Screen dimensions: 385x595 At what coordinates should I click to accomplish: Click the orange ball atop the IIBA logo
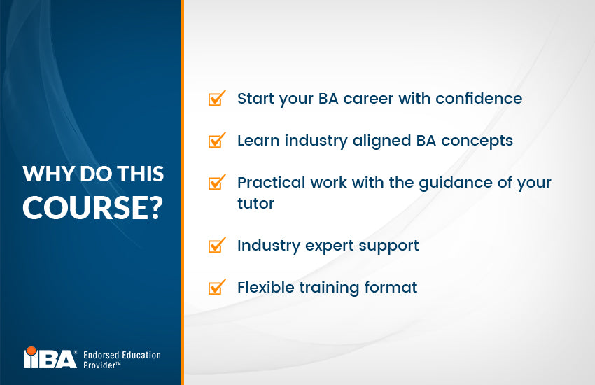(30, 350)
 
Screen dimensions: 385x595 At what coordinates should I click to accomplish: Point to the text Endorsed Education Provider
(122, 360)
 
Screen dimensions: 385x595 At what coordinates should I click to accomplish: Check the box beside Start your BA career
(217, 98)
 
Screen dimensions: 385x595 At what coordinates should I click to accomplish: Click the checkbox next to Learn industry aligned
(217, 140)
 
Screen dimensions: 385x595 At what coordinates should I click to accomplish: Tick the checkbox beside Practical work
(217, 183)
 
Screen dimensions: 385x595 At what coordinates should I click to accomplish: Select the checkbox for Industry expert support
(217, 245)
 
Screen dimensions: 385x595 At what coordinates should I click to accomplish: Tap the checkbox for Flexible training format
(217, 287)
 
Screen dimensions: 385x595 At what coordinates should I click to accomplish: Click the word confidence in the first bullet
(479, 98)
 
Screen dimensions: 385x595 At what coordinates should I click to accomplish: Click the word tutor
(255, 203)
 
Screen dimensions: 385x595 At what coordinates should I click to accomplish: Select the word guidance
(438, 183)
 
